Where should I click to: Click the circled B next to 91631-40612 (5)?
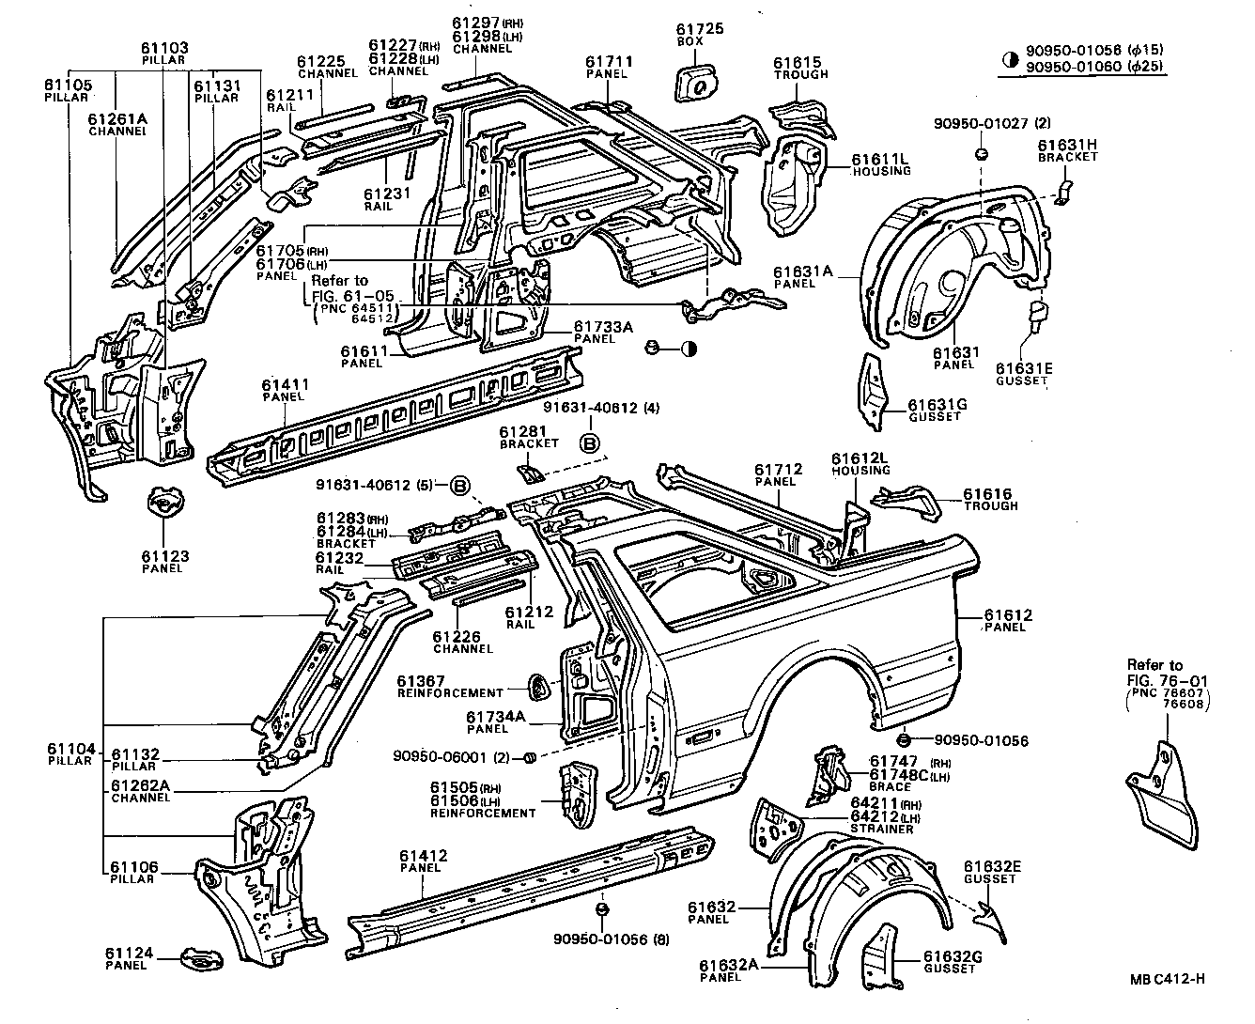[x=460, y=486]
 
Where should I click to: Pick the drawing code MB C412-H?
[x=1167, y=979]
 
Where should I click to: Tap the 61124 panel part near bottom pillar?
[x=202, y=960]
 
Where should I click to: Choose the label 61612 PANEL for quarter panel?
[x=1008, y=621]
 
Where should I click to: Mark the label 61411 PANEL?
[x=286, y=391]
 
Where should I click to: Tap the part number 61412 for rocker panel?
[x=423, y=856]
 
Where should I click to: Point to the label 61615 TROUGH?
[x=800, y=69]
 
